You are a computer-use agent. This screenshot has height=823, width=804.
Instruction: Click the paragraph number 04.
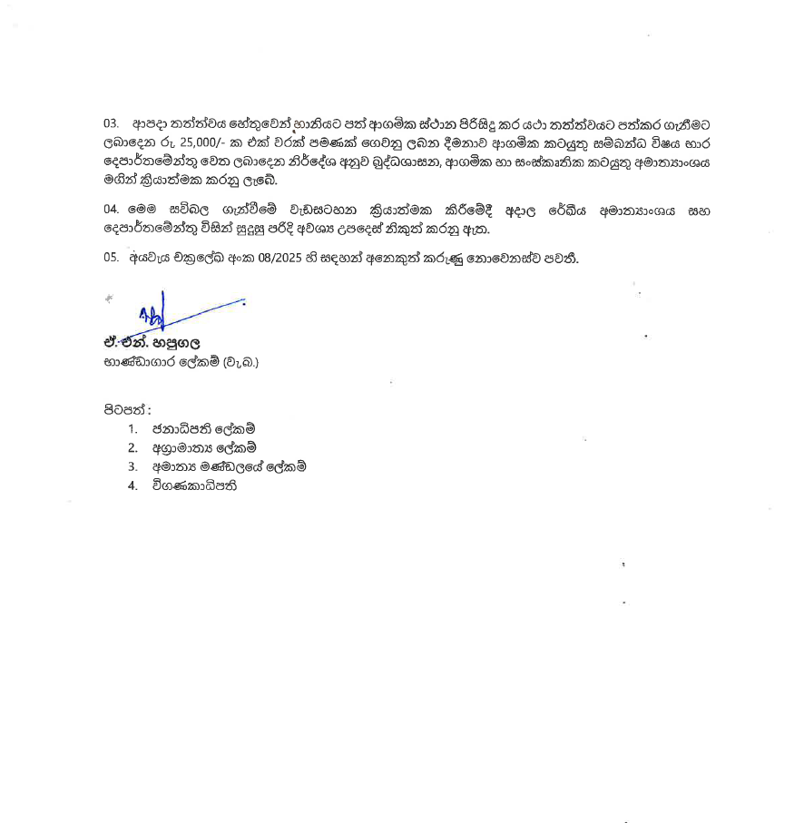click(x=111, y=211)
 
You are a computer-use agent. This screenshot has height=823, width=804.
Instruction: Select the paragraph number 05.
click(x=111, y=258)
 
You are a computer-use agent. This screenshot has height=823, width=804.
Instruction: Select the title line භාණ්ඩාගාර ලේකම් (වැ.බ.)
click(x=181, y=363)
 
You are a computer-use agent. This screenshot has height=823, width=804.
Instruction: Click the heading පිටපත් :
click(x=126, y=409)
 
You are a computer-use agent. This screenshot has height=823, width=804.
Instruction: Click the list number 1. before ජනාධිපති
click(x=132, y=428)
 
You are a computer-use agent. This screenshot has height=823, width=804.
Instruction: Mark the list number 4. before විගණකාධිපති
click(x=132, y=485)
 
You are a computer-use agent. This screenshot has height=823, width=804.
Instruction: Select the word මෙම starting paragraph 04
click(x=145, y=211)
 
